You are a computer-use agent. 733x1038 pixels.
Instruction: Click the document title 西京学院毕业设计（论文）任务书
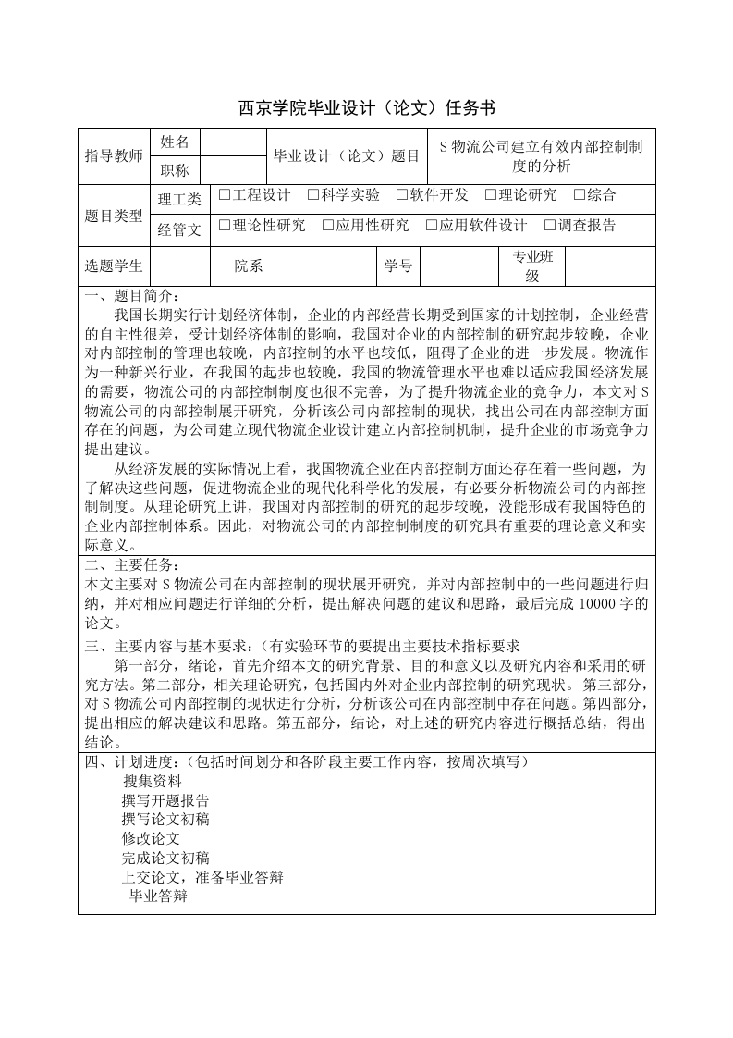pyautogui.click(x=367, y=105)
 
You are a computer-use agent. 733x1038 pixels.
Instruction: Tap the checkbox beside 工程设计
pyautogui.click(x=225, y=195)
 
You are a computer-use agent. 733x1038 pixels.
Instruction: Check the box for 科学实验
pyautogui.click(x=314, y=195)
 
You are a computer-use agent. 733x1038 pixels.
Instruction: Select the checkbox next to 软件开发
pyautogui.click(x=402, y=195)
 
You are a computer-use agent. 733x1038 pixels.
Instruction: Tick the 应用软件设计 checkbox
pyautogui.click(x=432, y=226)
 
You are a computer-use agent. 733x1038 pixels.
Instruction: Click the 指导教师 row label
pyautogui.click(x=114, y=155)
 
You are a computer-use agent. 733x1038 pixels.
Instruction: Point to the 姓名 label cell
pyautogui.click(x=175, y=142)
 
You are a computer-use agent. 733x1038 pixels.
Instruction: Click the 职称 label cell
pyautogui.click(x=175, y=170)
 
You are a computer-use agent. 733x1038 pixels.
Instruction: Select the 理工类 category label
pyautogui.click(x=179, y=199)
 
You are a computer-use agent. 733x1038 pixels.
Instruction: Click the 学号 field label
pyautogui.click(x=398, y=266)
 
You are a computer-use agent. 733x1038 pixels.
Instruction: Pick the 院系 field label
pyautogui.click(x=249, y=266)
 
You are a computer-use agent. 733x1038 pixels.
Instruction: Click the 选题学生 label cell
pyautogui.click(x=114, y=266)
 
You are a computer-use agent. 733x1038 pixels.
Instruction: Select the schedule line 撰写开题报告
pyautogui.click(x=165, y=800)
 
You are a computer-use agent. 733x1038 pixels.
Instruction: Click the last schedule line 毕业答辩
pyautogui.click(x=158, y=896)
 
